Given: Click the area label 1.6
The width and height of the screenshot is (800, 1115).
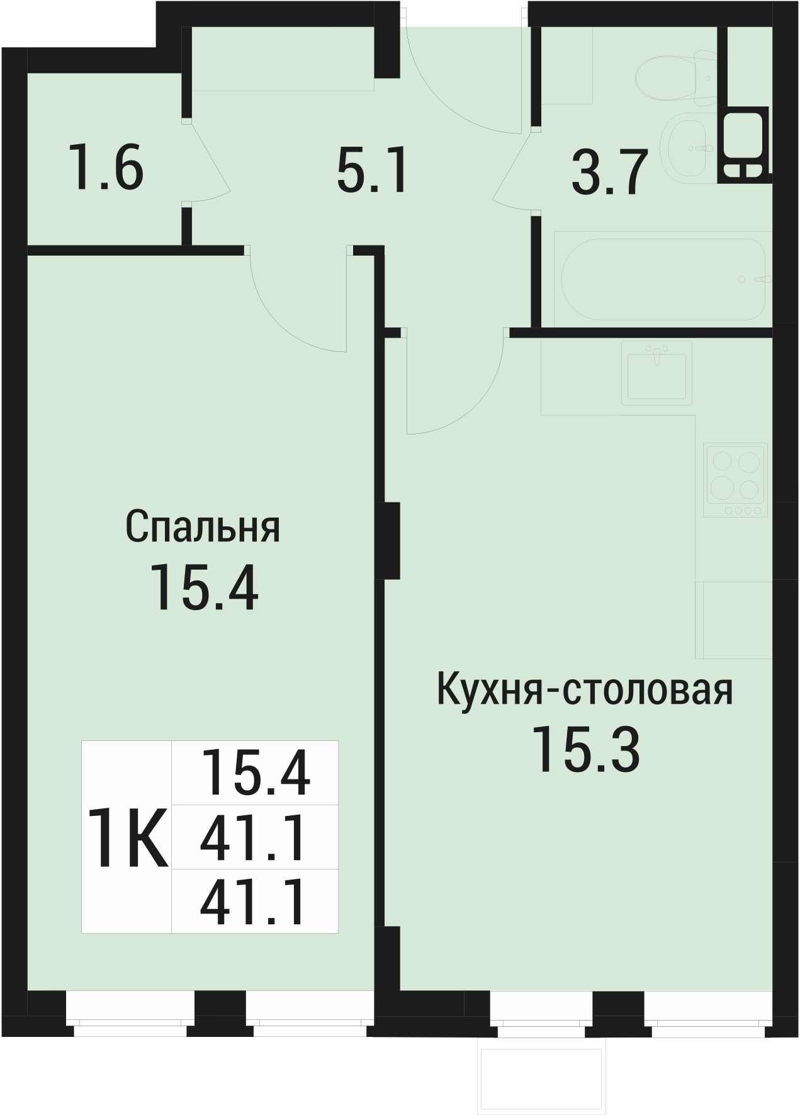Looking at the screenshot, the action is coord(107,167).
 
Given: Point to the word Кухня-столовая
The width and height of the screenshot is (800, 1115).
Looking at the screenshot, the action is coord(585,691).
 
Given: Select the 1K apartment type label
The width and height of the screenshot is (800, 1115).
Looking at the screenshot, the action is coord(128,837).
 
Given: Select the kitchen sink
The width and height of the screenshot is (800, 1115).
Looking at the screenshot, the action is coord(656,372).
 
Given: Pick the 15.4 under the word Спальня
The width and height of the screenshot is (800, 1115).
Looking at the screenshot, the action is coord(204,587).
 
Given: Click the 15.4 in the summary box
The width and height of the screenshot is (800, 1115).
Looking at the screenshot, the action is coord(255,774).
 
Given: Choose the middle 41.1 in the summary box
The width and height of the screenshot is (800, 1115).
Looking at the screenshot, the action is coord(254,838).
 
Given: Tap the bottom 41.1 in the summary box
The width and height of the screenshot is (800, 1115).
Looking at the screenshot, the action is coord(254,903).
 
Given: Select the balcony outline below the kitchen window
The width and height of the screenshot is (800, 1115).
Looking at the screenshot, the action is coord(543,1078).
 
